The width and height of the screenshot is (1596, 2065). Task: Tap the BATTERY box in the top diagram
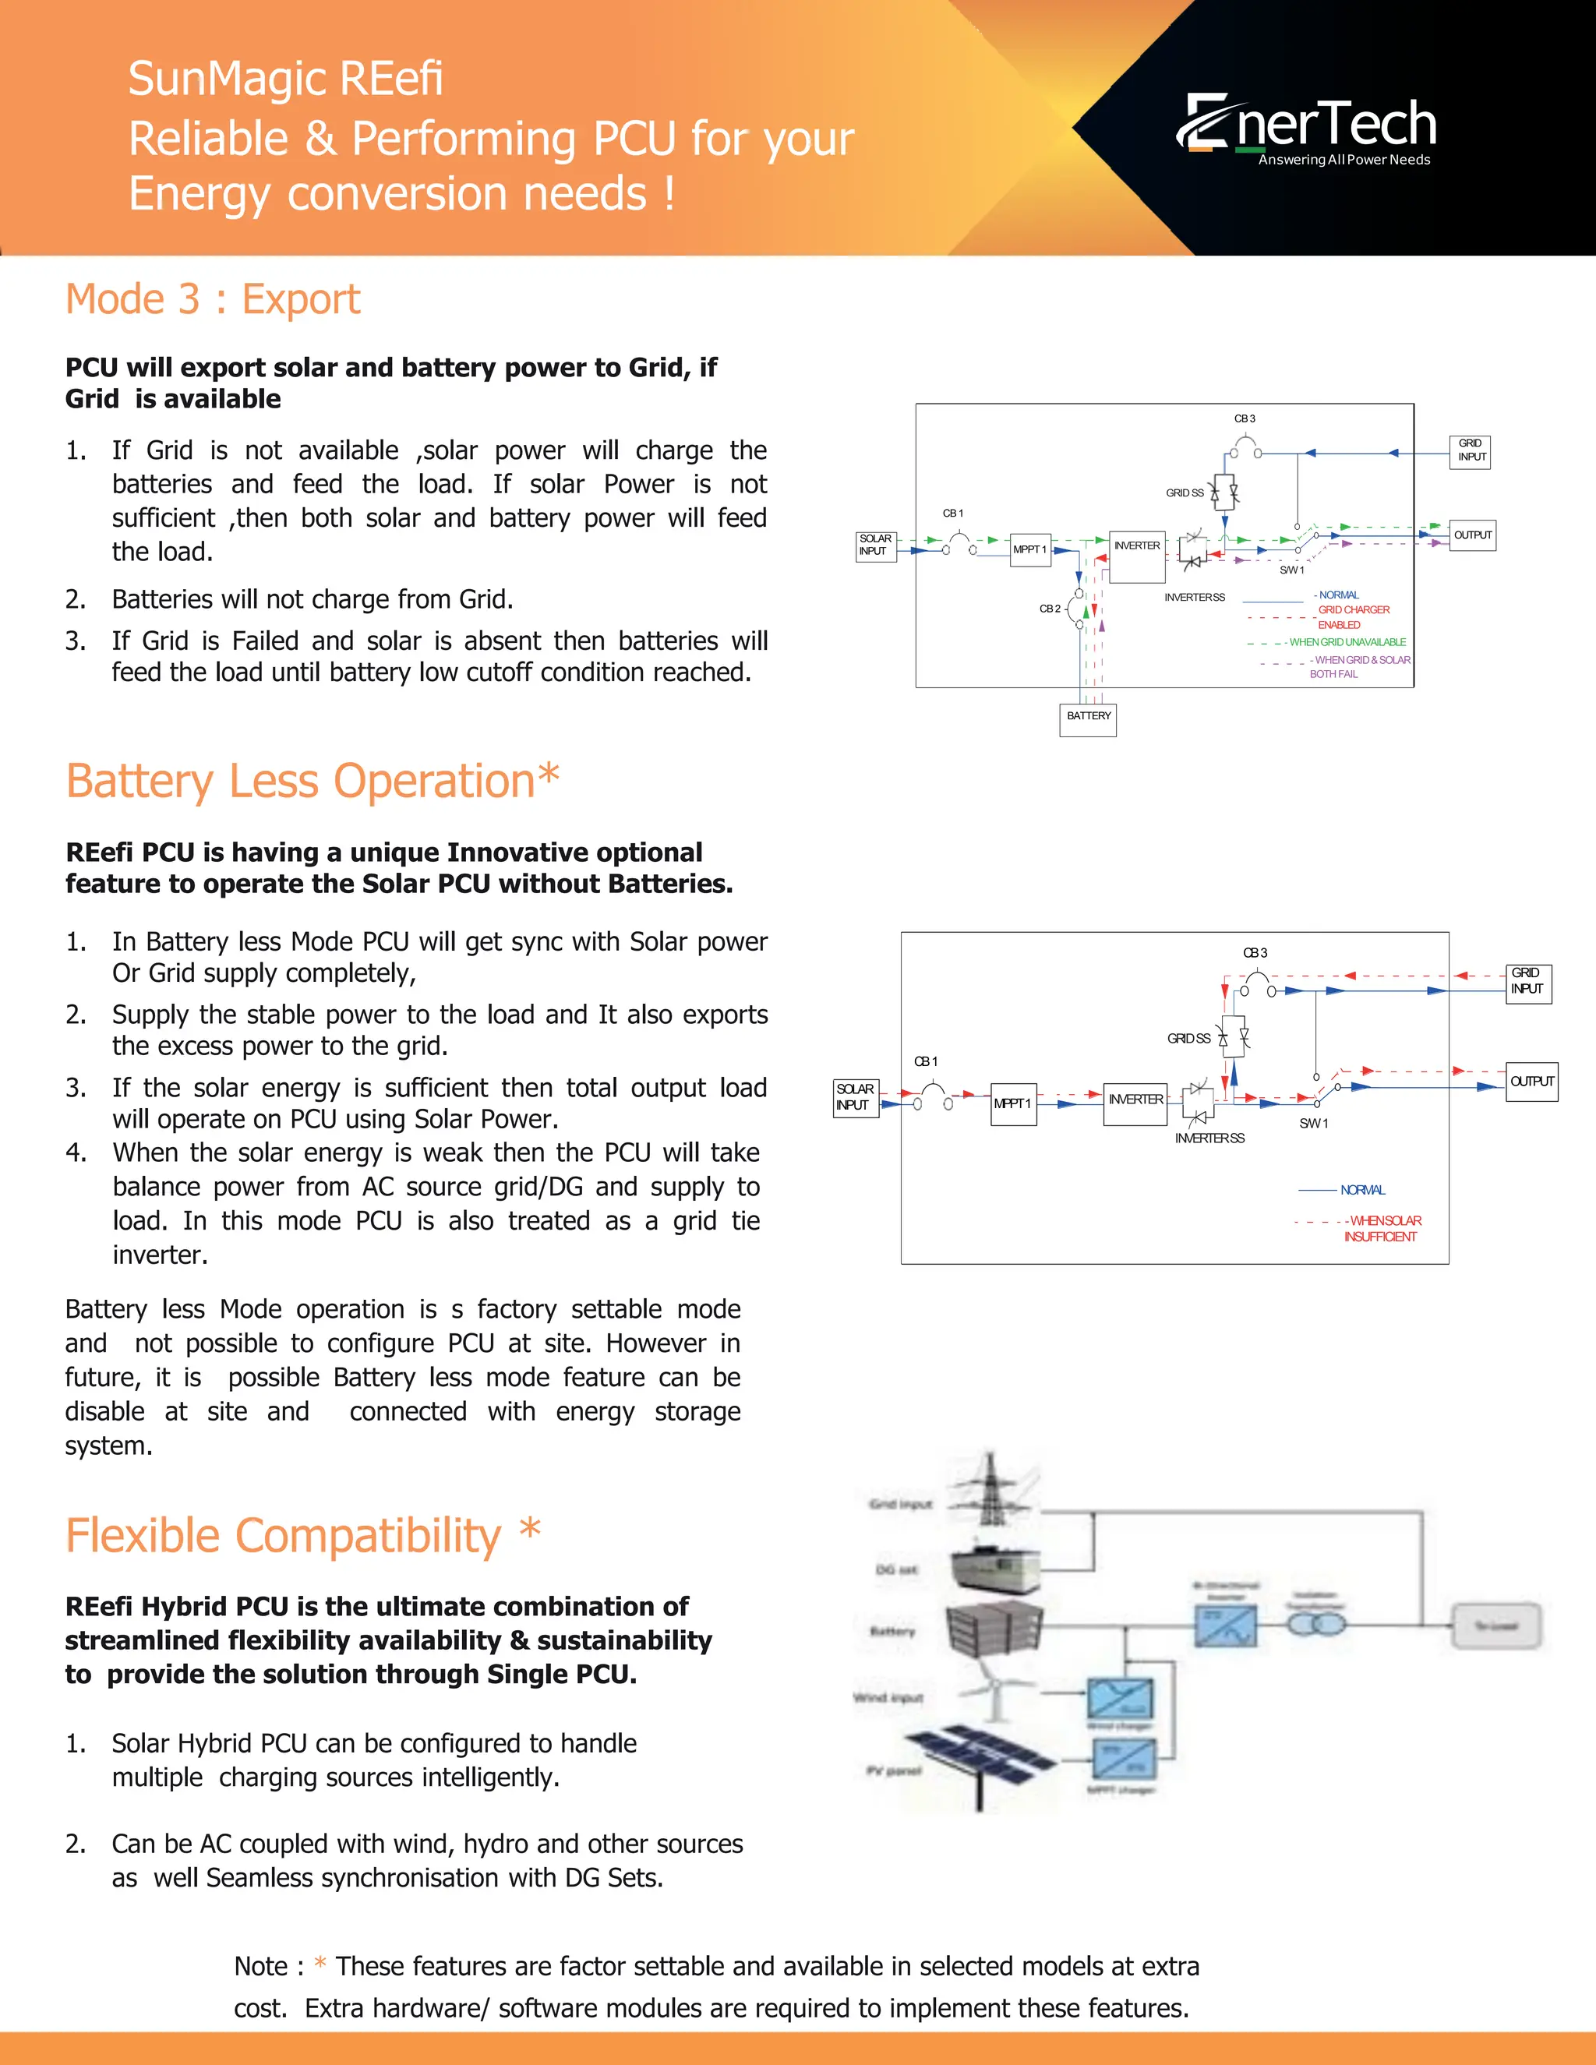[x=1088, y=719]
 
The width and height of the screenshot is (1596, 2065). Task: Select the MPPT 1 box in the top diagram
[x=1029, y=549]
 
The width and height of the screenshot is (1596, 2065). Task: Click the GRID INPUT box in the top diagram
[x=1471, y=451]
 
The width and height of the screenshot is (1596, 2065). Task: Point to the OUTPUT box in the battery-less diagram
[x=1531, y=1082]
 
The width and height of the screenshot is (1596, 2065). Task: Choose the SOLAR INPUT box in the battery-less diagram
[x=855, y=1098]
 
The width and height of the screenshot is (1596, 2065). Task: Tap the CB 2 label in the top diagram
[x=1050, y=609]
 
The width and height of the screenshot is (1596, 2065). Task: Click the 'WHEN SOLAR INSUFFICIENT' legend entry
[x=1382, y=1228]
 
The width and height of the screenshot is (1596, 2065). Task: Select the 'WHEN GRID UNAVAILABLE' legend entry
[x=1347, y=642]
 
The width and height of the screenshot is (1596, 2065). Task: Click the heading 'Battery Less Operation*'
[x=312, y=782]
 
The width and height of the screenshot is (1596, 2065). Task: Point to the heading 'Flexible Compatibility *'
[x=302, y=1536]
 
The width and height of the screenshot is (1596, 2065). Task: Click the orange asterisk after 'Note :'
[x=320, y=1964]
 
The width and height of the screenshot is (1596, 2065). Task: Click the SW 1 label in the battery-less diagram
[x=1313, y=1123]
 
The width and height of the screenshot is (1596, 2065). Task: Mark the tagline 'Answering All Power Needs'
[x=1344, y=160]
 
